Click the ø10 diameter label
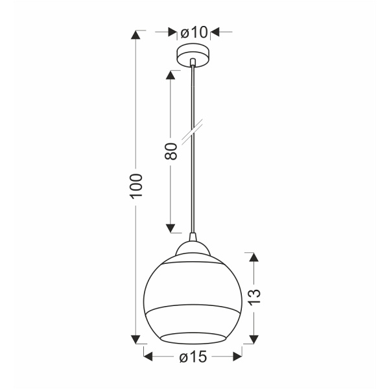pos(193,32)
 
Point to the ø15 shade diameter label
pos(193,356)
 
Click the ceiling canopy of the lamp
pos(193,54)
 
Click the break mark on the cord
pos(192,130)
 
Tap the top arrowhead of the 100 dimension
pos(137,36)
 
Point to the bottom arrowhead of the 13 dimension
pos(255,338)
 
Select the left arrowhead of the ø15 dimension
pos(148,356)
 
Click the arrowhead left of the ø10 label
pos(172,32)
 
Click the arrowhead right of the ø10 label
pos(213,32)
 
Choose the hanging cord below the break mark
pos(193,188)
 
